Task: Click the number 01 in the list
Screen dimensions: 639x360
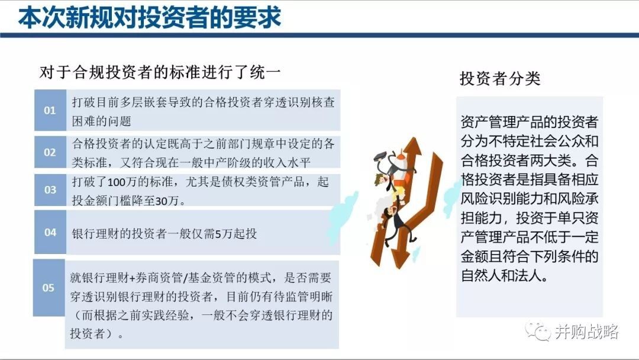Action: click(50, 111)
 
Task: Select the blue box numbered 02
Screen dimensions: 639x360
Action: click(50, 152)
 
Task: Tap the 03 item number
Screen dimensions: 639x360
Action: click(50, 190)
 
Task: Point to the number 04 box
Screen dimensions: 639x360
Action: click(50, 232)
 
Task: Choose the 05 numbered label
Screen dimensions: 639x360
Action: click(48, 288)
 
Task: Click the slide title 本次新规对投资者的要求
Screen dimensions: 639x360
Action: click(150, 17)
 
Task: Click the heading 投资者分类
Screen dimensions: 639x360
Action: click(500, 78)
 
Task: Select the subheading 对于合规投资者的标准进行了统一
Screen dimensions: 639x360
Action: click(160, 72)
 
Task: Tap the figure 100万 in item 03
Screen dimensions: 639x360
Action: click(122, 182)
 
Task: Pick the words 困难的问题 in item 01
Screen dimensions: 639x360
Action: click(102, 121)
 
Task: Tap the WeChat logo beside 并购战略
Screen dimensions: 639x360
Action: click(537, 332)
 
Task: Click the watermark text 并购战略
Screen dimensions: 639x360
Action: click(586, 332)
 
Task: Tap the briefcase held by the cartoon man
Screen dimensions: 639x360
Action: click(380, 156)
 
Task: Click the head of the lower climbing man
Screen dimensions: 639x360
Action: click(389, 211)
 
